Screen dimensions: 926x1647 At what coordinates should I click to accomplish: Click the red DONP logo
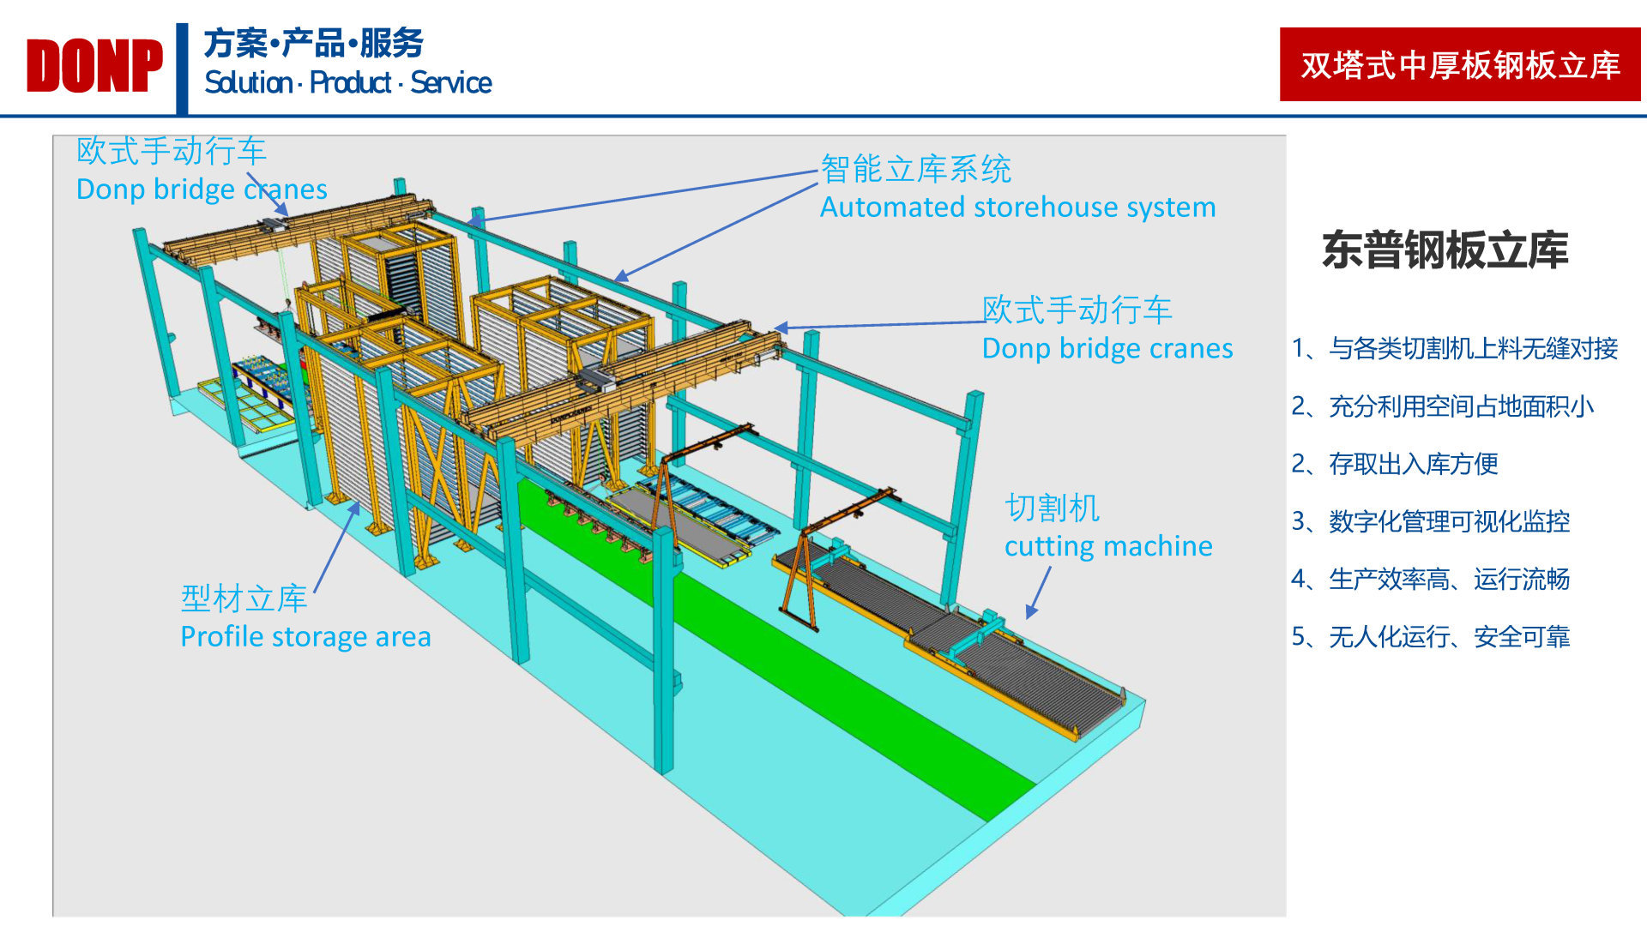pos(94,66)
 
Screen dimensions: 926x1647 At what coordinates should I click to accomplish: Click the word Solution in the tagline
pos(248,83)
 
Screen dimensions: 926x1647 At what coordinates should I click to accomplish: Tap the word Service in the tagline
pos(450,83)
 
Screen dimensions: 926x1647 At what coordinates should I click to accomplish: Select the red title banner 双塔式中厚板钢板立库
pos(1459,65)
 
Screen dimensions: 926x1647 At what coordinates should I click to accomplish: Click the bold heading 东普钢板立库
pos(1445,250)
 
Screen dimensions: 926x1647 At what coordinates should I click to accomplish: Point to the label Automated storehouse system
pos(1017,207)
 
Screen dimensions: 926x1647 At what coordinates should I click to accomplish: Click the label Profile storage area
pos(305,637)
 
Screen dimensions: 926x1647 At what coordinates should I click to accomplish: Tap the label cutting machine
pos(1108,546)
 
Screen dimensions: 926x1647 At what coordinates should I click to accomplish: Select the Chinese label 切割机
pos(1052,508)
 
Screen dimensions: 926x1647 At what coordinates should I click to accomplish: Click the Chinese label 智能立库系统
pos(916,169)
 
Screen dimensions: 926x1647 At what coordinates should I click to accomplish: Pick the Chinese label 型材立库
pos(244,598)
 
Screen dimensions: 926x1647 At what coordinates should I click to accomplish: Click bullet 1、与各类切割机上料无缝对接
pos(1454,348)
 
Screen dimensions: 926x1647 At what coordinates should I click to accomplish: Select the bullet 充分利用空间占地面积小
pos(1461,406)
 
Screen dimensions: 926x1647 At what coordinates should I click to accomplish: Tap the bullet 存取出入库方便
pos(1413,464)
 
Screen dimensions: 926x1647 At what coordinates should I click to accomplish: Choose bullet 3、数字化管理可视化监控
pos(1430,521)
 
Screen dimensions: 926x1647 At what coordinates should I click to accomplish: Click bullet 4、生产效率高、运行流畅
pos(1430,580)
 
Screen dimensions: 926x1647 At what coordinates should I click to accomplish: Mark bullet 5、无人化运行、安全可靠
pos(1430,637)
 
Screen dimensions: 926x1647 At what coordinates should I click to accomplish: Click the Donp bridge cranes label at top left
pos(202,189)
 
